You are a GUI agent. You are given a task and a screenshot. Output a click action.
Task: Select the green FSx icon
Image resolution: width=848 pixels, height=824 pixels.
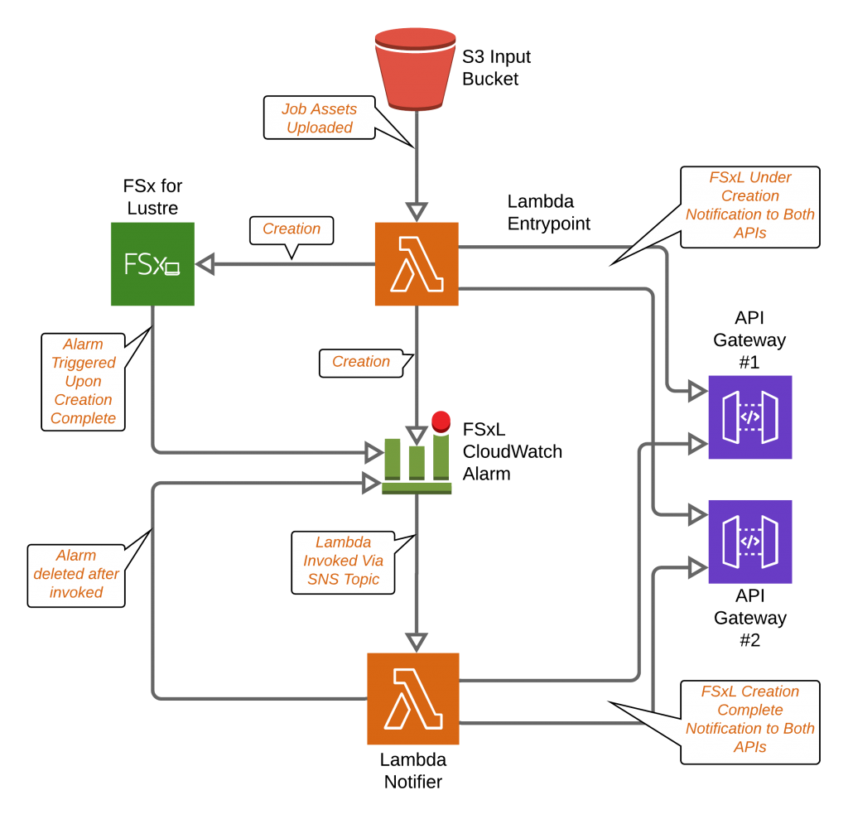tap(152, 264)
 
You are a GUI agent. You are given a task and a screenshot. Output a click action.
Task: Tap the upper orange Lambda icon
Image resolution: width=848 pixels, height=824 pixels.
tap(417, 264)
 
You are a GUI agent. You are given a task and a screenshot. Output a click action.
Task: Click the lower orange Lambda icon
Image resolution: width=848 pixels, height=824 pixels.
tap(413, 699)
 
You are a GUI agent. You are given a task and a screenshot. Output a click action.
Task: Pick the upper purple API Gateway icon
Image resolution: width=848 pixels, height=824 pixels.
tap(749, 417)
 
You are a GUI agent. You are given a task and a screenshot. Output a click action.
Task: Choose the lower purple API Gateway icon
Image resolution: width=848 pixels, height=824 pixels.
tap(749, 542)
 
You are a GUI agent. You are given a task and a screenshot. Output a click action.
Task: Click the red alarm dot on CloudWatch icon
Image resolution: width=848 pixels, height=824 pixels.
tap(441, 421)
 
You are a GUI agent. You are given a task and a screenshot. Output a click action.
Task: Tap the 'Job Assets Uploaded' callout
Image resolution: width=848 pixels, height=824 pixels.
tap(320, 118)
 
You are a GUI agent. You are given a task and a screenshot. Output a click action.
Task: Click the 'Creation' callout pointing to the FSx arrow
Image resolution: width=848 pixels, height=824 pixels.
tap(291, 229)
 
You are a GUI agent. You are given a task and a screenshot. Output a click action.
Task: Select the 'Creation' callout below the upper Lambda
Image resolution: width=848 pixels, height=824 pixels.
tap(361, 363)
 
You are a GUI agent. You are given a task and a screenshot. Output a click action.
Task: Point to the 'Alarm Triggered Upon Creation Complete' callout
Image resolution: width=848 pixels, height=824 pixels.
tap(83, 382)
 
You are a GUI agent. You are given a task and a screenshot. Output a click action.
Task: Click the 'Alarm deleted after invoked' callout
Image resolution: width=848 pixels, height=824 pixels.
tap(76, 575)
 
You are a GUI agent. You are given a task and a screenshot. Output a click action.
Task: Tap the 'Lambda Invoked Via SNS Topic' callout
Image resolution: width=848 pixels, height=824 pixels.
tap(343, 561)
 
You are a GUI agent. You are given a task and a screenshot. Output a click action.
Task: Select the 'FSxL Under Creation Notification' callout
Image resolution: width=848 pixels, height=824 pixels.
tap(750, 206)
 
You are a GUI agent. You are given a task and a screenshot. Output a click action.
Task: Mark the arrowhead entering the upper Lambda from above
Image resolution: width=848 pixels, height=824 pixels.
tap(417, 211)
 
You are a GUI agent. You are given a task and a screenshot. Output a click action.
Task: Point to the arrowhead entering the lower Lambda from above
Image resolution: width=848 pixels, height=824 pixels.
tap(417, 642)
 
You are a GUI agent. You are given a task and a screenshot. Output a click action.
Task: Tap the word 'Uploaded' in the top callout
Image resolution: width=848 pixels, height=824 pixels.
tap(320, 128)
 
